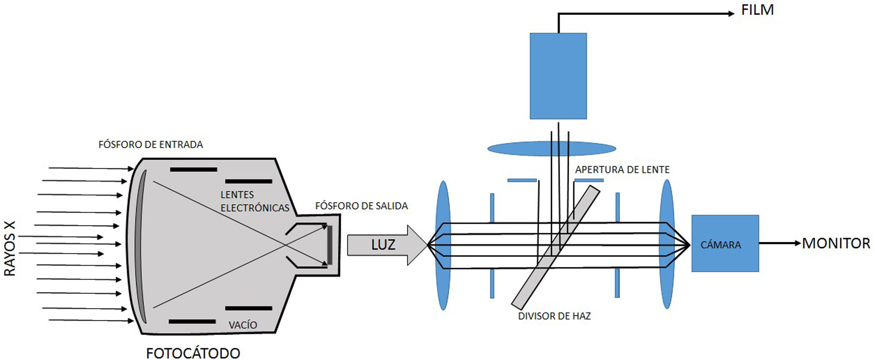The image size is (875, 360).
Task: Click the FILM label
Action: [x=757, y=10]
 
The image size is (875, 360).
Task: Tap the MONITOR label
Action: [x=836, y=243]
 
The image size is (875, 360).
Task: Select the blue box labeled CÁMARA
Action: [x=725, y=243]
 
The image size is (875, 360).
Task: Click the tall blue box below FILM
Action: [x=558, y=76]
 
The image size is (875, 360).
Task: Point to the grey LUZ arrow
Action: [x=387, y=245]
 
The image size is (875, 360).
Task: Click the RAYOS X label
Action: [x=10, y=249]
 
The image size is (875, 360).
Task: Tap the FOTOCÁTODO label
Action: [x=193, y=353]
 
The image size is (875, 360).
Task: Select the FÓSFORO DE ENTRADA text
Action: [x=151, y=145]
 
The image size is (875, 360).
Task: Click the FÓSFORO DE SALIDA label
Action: [x=361, y=206]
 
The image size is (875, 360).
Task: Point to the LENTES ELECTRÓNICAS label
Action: [x=255, y=201]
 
